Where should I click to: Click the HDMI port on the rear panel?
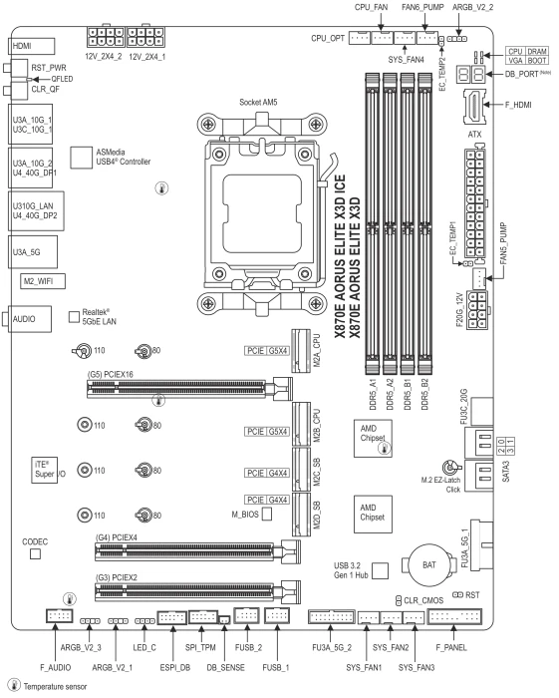coord(31,46)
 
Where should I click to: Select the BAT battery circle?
coord(428,564)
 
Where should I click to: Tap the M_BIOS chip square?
coord(266,514)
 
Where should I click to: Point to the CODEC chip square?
coord(35,553)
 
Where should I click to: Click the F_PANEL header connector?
coord(454,616)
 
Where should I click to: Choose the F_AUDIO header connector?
coord(59,616)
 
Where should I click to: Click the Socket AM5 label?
coord(258,102)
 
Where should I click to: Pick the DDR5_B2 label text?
coord(424,395)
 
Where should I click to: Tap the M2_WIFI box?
coord(43,281)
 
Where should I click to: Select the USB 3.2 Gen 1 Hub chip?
coord(380,570)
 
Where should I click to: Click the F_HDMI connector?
coord(474,107)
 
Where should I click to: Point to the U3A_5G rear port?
coord(33,252)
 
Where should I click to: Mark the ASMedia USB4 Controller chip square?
coord(81,158)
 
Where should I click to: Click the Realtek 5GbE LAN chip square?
coord(74,317)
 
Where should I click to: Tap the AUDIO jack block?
coord(29,319)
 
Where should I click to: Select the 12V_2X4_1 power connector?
coord(145,37)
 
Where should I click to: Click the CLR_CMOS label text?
coord(423,600)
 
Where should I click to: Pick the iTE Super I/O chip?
coord(44,470)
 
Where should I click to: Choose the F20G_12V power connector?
coord(476,310)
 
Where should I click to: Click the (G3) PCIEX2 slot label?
coord(116,577)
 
